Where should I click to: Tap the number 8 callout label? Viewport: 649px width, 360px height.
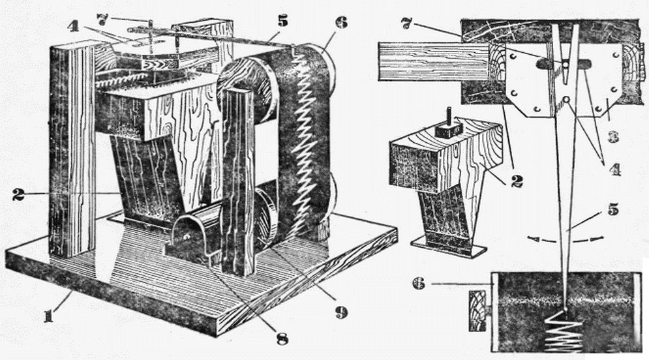coord(282,338)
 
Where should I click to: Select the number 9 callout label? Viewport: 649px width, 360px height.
coord(340,312)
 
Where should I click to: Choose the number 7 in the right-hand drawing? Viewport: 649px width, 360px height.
coord(407,23)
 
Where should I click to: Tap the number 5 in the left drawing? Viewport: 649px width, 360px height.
coord(282,21)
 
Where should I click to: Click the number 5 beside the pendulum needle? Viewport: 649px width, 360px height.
coord(612,210)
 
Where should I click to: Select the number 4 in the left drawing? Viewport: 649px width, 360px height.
coord(72,25)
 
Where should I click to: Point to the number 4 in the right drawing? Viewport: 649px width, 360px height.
coord(614,169)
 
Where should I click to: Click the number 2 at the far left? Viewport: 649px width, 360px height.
coord(18,194)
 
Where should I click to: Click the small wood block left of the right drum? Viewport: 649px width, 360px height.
coord(478,310)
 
